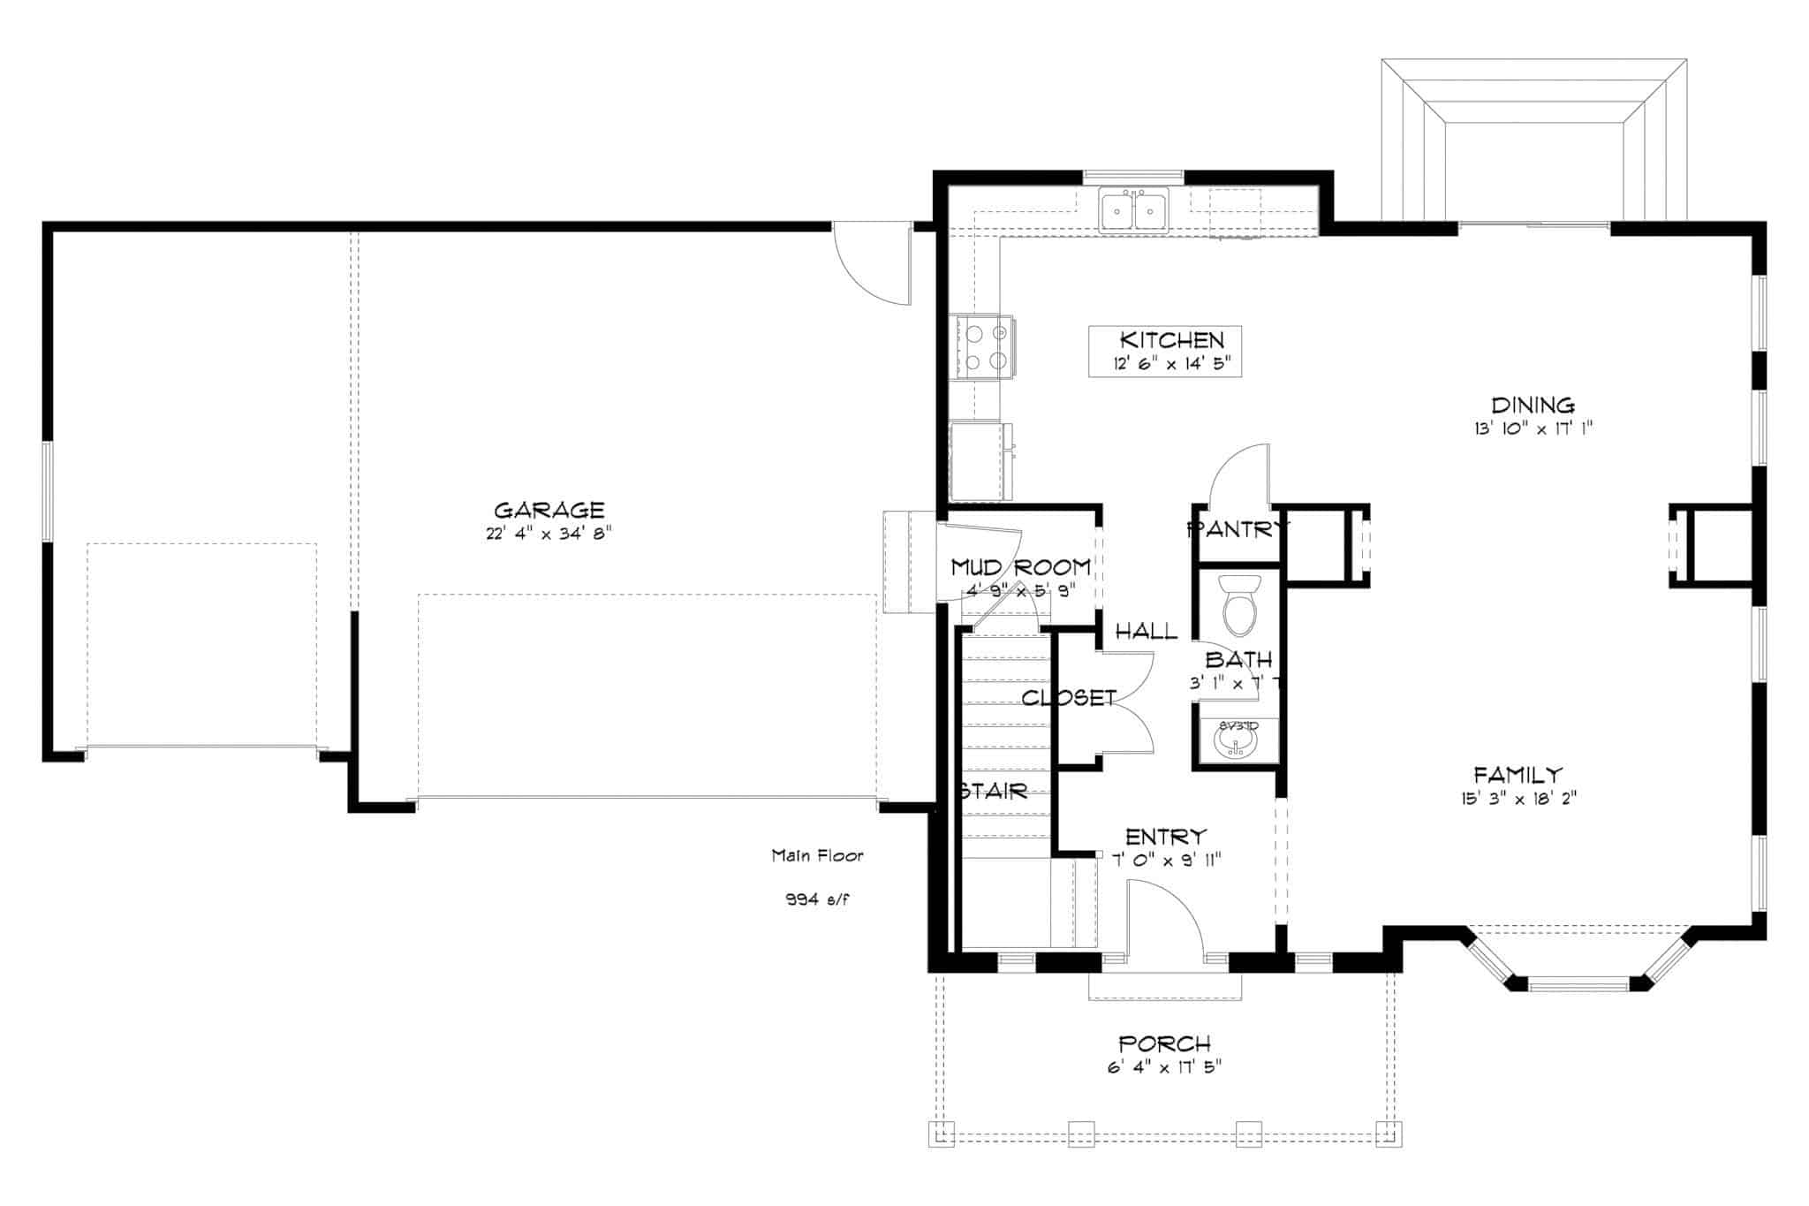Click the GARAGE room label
(549, 511)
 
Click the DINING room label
(1533, 406)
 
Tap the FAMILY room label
(1518, 776)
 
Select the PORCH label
(1164, 1044)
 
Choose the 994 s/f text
(818, 900)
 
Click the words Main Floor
(817, 855)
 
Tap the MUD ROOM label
(1020, 567)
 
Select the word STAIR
(995, 792)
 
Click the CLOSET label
(1069, 698)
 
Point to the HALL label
(1146, 631)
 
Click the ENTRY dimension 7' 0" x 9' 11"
(1166, 859)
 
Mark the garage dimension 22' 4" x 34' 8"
(549, 535)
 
